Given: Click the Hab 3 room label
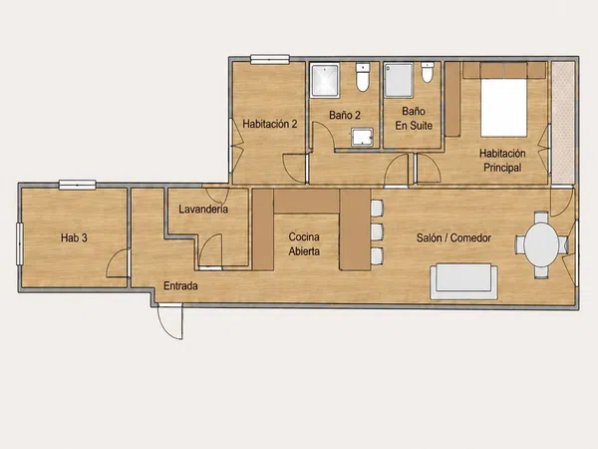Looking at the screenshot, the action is click(74, 237).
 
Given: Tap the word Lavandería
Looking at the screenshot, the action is click(203, 209).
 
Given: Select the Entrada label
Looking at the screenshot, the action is click(180, 285).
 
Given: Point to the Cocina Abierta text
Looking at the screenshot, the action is click(304, 244).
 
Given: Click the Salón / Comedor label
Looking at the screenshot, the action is click(453, 237).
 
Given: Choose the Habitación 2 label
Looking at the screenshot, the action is click(270, 124).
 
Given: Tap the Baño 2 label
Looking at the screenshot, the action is click(345, 115).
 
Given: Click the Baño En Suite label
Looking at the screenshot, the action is click(414, 118).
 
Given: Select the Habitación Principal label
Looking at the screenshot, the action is click(502, 161).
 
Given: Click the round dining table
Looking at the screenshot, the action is click(541, 243).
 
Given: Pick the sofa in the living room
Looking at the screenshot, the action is click(463, 281).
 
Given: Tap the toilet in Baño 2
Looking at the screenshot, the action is click(363, 78).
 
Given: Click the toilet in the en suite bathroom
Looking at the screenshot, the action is click(428, 72).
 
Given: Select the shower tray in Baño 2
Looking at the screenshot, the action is click(325, 80).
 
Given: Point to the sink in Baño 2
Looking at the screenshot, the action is click(362, 137).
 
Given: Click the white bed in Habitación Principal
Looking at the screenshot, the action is click(503, 108).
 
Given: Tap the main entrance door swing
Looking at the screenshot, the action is click(170, 322).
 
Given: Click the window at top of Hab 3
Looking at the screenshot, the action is click(77, 185).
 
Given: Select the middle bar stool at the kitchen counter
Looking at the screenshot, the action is click(377, 231).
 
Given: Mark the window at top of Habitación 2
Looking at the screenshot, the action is click(270, 59).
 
